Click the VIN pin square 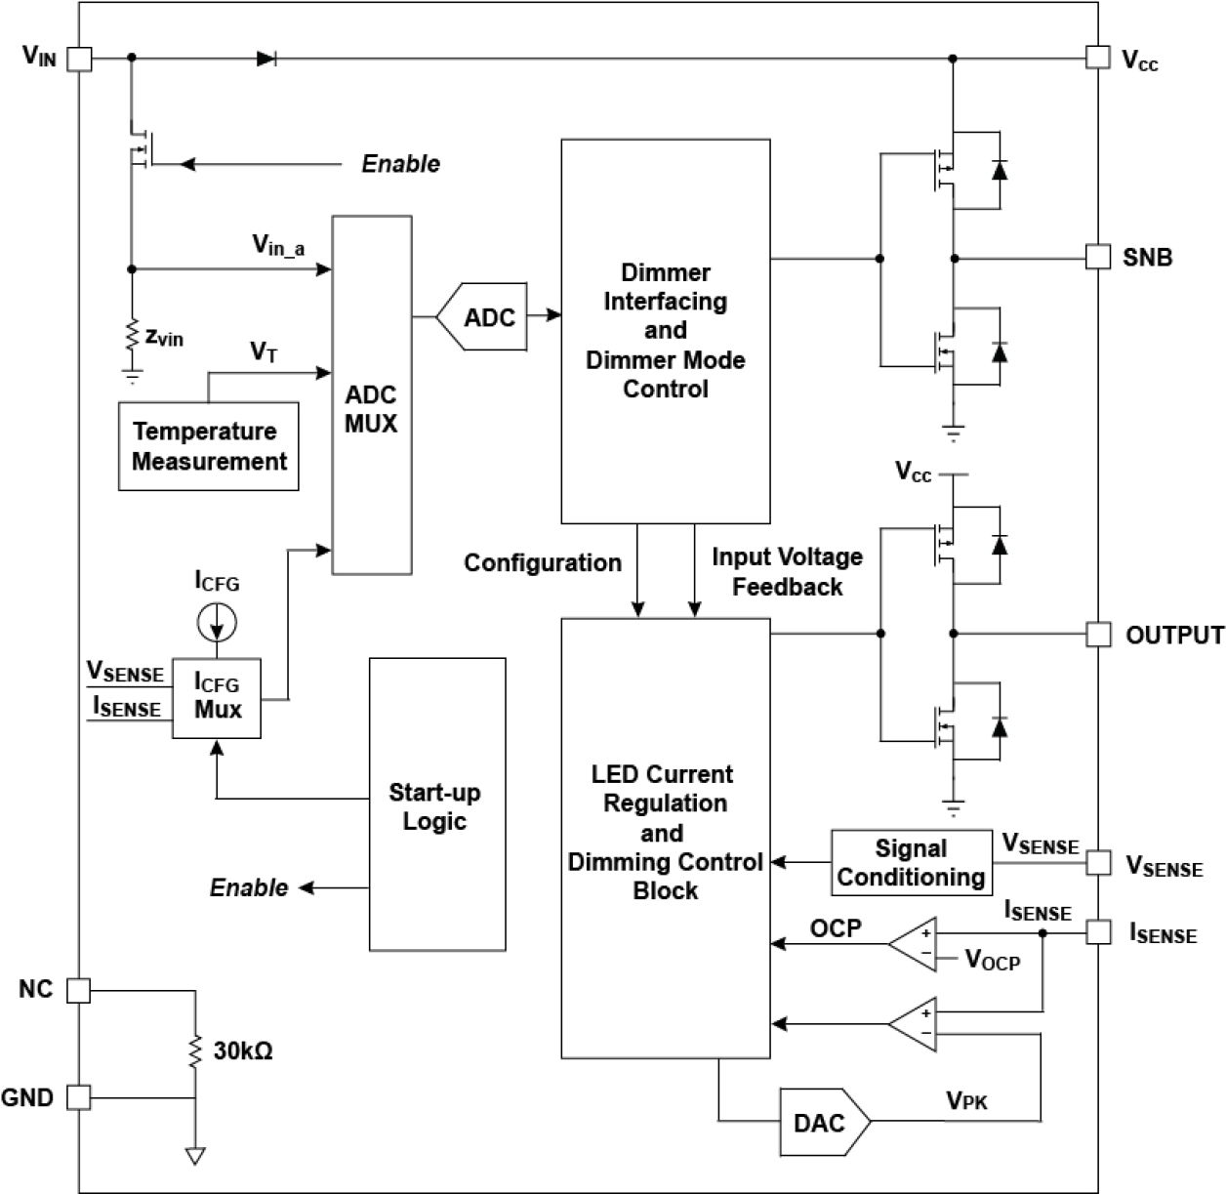coord(79,59)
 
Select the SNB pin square coord(1098,258)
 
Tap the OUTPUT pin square coord(1098,635)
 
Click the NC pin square coord(79,991)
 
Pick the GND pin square coord(79,1097)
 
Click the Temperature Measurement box coord(208,446)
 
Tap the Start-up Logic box coord(436,803)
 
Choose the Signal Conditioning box coord(911,863)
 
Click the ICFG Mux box coord(217,697)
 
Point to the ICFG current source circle coord(217,621)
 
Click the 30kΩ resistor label coord(243,1051)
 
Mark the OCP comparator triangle coord(914,944)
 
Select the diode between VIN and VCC coord(266,59)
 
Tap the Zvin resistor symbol coord(132,336)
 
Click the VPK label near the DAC coord(966,1101)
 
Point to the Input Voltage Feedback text coord(787,571)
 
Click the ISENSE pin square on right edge coord(1098,932)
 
